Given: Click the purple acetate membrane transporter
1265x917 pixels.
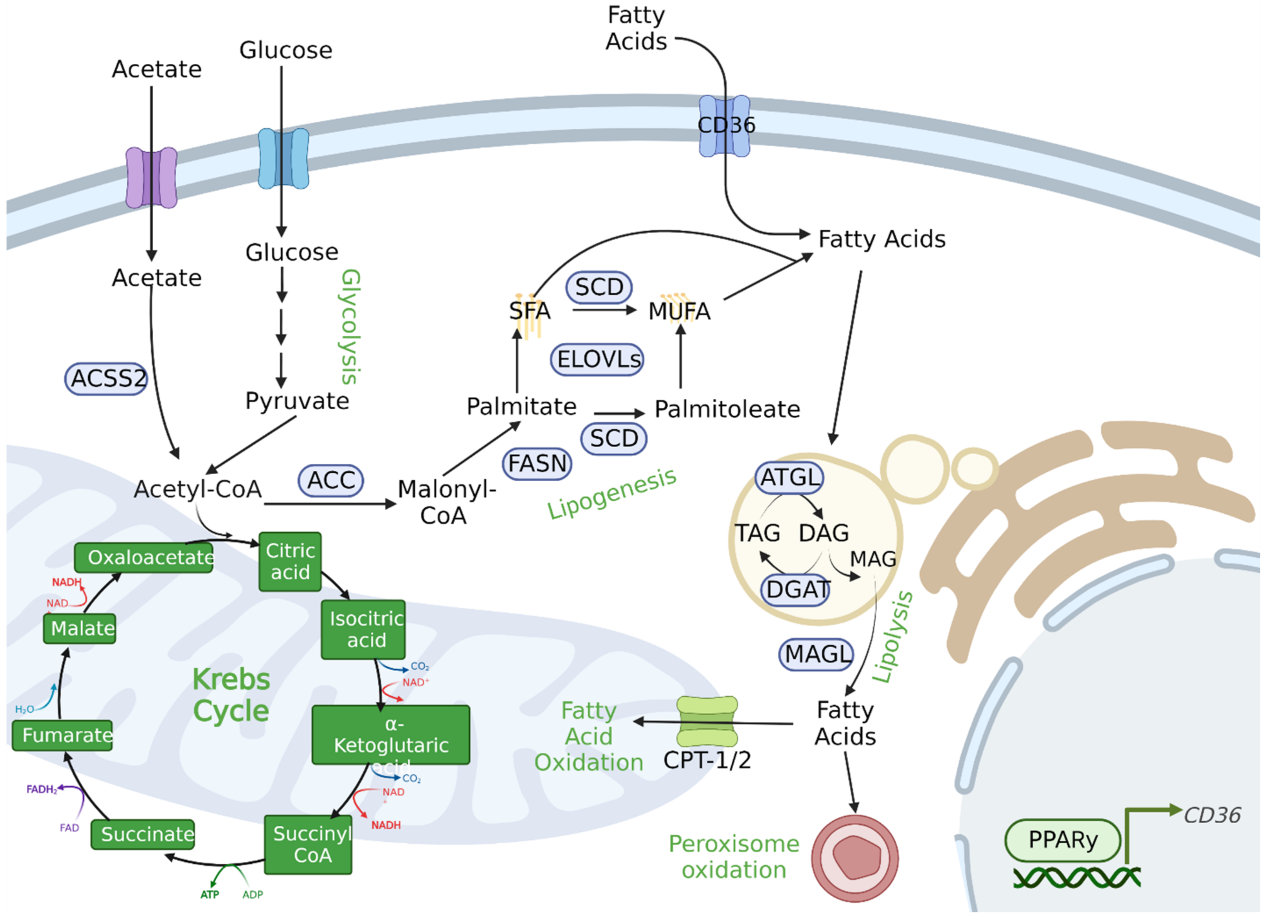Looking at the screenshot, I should [151, 178].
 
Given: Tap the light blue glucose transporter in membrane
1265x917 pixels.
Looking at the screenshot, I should [283, 159].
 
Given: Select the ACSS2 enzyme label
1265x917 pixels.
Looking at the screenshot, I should [106, 379].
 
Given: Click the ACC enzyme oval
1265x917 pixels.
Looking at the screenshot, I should [331, 481].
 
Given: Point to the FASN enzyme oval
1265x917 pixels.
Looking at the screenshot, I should [537, 464].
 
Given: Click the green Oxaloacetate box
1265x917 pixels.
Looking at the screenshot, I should [144, 558].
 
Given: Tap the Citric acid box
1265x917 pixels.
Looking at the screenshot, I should [290, 561].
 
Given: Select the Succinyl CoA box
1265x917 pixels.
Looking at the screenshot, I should [308, 844].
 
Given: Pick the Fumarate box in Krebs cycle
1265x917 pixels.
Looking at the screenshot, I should [62, 735].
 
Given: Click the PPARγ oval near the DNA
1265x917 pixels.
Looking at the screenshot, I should [1062, 840].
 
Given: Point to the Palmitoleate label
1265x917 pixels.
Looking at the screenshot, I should [727, 410].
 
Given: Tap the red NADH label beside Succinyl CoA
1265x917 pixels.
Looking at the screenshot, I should [386, 825].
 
